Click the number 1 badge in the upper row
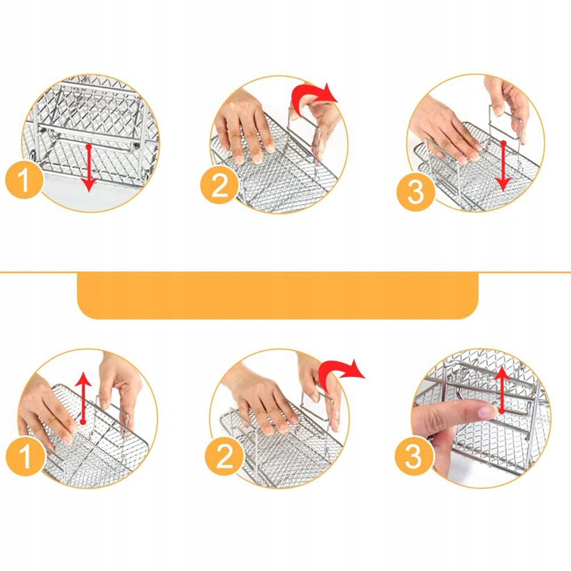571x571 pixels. coord(24,180)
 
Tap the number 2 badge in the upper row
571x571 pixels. coord(219,185)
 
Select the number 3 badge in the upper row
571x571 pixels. coord(415,192)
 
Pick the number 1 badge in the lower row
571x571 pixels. coord(24,456)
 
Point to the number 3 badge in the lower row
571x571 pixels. coord(414,456)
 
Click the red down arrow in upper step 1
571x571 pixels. coord(88,167)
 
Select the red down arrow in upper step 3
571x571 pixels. coord(503,166)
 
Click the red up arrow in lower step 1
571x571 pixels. coord(84,398)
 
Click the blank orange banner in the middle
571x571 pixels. coord(277,296)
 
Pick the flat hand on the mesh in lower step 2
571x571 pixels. coord(262,397)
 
